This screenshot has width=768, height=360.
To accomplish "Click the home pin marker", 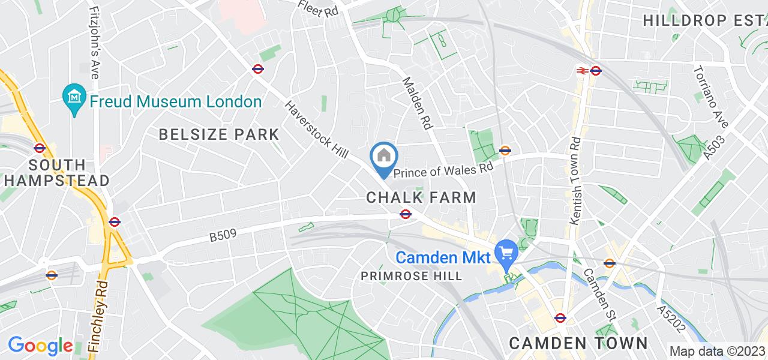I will (x=384, y=157).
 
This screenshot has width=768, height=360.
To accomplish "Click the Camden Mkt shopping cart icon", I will (x=506, y=253).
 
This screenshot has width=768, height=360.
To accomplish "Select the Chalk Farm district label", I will (x=421, y=197).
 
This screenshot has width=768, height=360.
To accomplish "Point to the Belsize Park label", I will (x=219, y=134).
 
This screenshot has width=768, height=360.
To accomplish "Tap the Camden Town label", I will (x=578, y=343).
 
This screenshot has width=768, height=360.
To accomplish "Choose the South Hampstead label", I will (x=56, y=172).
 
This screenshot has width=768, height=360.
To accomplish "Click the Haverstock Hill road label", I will (x=316, y=129).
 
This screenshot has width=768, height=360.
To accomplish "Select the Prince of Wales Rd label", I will (x=443, y=171).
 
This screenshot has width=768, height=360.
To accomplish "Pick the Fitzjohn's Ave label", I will (x=94, y=42).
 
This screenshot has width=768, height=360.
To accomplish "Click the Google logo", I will (x=40, y=346).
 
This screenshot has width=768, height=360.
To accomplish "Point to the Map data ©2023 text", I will (x=717, y=352).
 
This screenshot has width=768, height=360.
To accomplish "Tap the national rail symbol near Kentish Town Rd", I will (x=581, y=70).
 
